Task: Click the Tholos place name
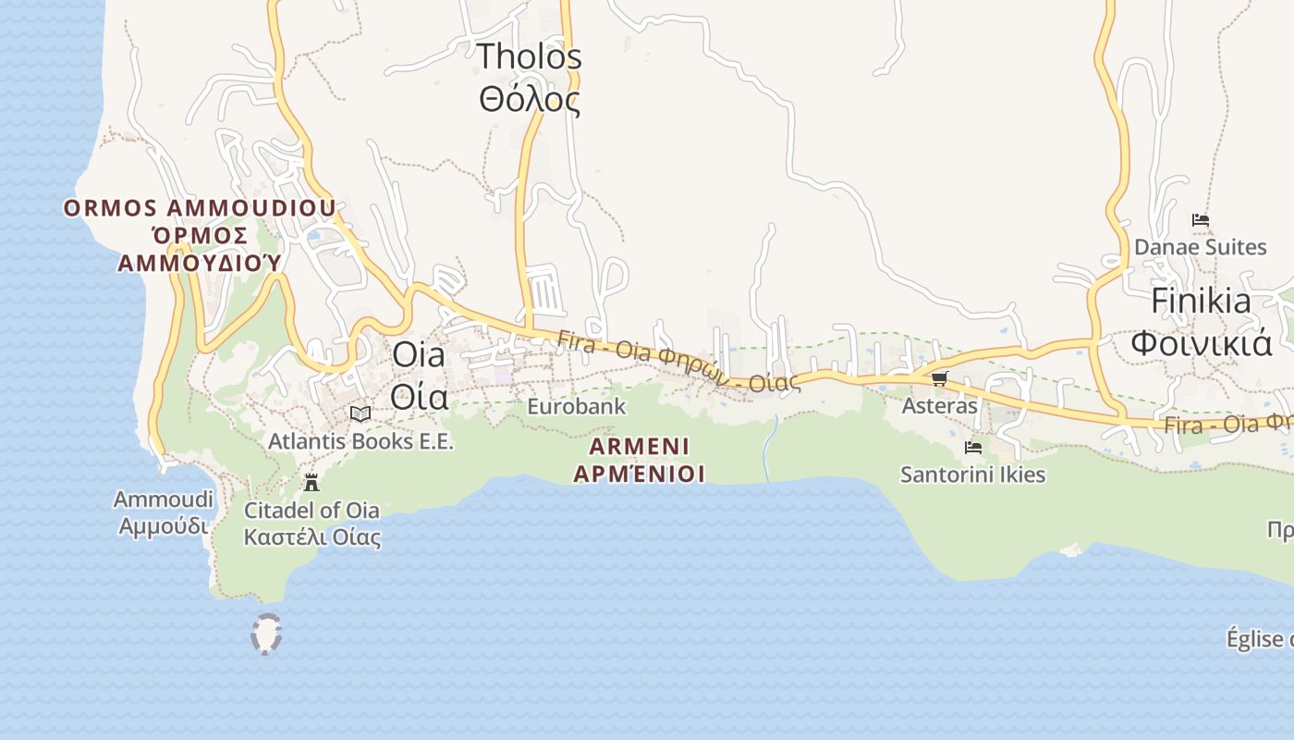click(x=529, y=57)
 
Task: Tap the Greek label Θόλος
click(x=529, y=99)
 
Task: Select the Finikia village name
click(x=1201, y=301)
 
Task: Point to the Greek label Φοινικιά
click(x=1201, y=343)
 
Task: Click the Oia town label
click(x=418, y=354)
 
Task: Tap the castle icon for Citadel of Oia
click(x=311, y=482)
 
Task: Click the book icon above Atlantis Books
click(x=360, y=413)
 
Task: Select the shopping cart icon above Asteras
click(x=939, y=378)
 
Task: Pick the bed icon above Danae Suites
click(x=1200, y=220)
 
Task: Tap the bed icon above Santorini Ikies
click(x=972, y=448)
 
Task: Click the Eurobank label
click(x=576, y=406)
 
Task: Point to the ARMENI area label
click(x=640, y=447)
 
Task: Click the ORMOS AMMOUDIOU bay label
click(x=200, y=208)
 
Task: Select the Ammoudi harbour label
click(x=163, y=500)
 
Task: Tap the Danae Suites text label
click(x=1200, y=247)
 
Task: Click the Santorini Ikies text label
click(x=972, y=475)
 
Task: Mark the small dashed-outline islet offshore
click(x=266, y=635)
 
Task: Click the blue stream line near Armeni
click(x=768, y=449)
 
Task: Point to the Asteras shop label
click(x=939, y=406)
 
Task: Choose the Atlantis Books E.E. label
click(x=360, y=441)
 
